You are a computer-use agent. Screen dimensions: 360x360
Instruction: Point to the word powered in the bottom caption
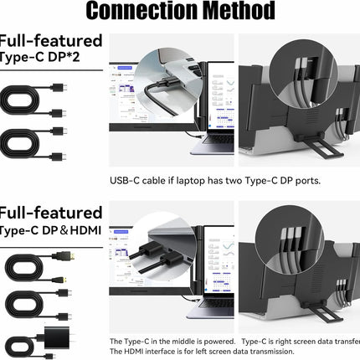[218, 342]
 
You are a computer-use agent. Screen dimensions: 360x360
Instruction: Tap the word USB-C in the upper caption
[123, 180]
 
